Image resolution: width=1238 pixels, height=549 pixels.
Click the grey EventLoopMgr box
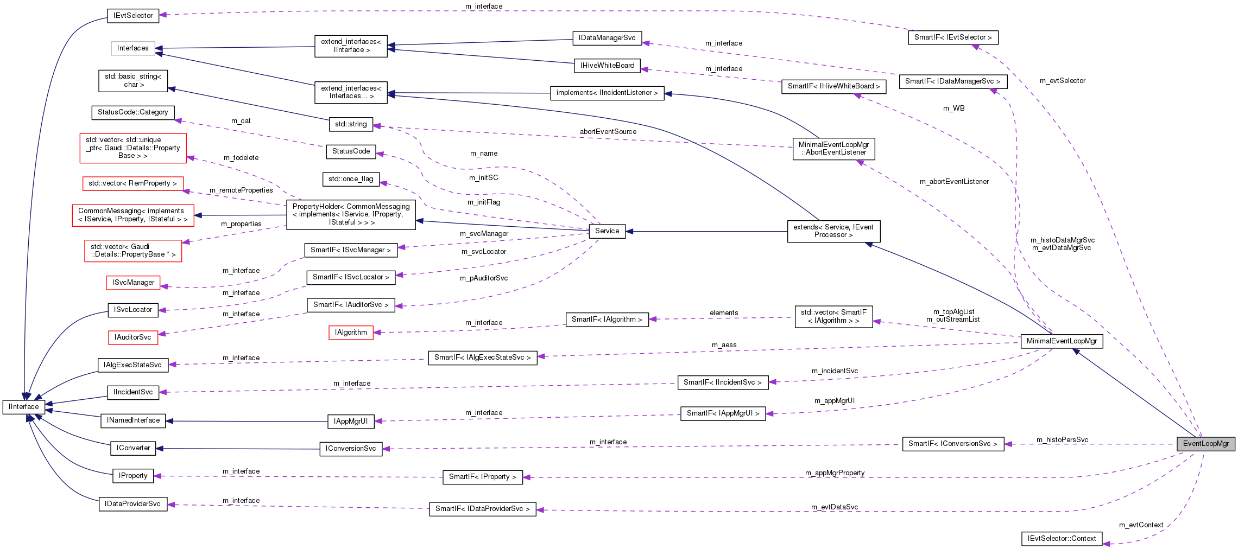pos(1205,444)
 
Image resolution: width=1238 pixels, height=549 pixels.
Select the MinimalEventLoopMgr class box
pos(1062,341)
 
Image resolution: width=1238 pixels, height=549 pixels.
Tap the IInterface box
pos(24,407)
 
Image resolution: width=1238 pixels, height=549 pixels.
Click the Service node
pos(607,231)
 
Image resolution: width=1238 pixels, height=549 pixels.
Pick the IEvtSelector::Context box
pos(1062,539)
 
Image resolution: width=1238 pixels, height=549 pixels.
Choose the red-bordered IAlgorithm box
pos(351,333)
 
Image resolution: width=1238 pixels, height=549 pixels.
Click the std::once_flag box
pos(351,179)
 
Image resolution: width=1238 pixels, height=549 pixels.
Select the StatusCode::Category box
pos(133,112)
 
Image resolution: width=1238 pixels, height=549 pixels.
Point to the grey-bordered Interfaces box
pos(133,48)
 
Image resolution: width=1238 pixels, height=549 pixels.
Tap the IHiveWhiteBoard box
pos(607,66)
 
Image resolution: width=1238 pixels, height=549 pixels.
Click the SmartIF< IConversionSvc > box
pos(952,444)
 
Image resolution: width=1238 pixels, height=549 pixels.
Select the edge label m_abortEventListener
pos(954,182)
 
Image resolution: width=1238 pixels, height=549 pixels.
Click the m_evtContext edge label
pos(1141,525)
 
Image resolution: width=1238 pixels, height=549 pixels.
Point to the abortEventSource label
pos(608,132)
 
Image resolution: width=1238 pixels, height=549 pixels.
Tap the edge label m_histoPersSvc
pos(1062,440)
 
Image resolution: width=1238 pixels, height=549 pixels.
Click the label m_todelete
pos(241,158)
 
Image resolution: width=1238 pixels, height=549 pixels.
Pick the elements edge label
pos(724,313)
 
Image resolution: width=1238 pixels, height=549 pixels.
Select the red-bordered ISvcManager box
pos(133,283)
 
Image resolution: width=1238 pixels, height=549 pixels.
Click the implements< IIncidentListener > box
pos(607,93)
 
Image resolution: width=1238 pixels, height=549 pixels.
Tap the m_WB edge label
pos(953,108)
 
